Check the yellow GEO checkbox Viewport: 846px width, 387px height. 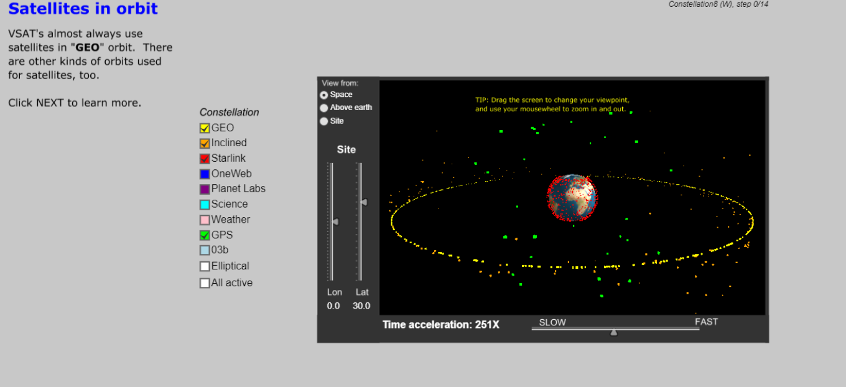point(204,128)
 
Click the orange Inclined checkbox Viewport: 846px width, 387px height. point(204,143)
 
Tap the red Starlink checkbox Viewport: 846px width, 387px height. point(204,159)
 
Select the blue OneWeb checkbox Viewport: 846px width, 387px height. point(204,174)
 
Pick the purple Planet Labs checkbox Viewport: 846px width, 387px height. point(204,189)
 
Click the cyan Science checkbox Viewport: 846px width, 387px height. point(204,205)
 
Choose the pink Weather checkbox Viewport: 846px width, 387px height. point(204,220)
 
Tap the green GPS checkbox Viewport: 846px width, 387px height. point(204,235)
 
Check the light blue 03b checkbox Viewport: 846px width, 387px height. point(204,250)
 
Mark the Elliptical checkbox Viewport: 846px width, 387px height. point(204,266)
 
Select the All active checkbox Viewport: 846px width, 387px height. point(204,283)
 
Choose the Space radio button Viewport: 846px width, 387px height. point(323,95)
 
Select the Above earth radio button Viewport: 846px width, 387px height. point(323,108)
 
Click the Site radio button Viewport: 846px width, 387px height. point(323,121)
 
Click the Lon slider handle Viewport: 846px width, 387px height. point(335,222)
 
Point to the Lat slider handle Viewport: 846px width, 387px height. point(364,202)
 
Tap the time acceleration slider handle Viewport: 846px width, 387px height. point(614,332)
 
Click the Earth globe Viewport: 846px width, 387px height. point(572,198)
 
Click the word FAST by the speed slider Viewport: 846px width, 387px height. point(706,322)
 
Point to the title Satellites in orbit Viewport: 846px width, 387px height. point(83,8)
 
